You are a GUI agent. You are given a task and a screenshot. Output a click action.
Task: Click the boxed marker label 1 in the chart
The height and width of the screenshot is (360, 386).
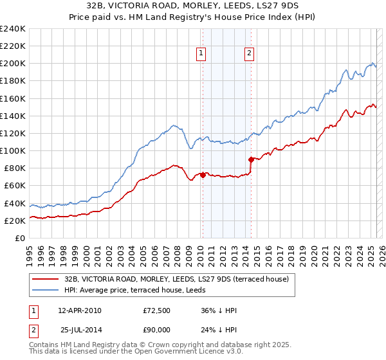point(202,54)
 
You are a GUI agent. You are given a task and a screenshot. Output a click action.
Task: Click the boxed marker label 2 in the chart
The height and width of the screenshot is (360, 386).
point(249,54)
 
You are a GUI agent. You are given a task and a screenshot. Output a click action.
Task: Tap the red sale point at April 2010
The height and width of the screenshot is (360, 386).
point(203,174)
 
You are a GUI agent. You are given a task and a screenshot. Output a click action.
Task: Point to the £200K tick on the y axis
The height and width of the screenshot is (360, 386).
point(13,64)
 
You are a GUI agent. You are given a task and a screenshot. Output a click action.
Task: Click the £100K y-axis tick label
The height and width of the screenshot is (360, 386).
point(13,150)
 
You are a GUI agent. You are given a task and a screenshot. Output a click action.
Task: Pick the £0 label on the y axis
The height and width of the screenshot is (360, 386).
point(19,238)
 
